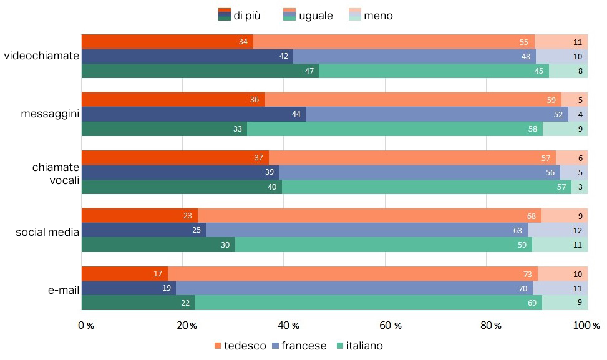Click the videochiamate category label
[41, 56]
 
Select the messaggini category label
[49, 114]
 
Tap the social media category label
[47, 233]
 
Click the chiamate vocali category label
[56, 173]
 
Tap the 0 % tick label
[86, 326]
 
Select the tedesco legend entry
[240, 346]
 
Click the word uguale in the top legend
[316, 16]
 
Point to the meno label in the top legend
[378, 16]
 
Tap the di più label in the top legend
[247, 16]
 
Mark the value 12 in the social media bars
[578, 231]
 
